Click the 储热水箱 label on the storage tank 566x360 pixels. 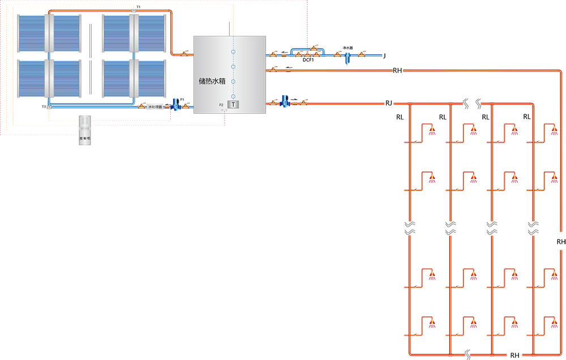pyautogui.click(x=212, y=81)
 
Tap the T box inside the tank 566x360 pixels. pyautogui.click(x=233, y=105)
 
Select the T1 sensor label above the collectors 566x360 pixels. pyautogui.click(x=139, y=6)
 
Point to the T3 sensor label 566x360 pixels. pyautogui.click(x=44, y=106)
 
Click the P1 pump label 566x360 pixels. pyautogui.click(x=182, y=99)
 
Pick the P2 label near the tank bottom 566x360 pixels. pyautogui.click(x=222, y=105)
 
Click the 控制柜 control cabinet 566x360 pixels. pyautogui.click(x=85, y=131)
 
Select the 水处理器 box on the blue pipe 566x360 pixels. pyautogui.click(x=155, y=106)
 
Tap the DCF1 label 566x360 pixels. pyautogui.click(x=308, y=59)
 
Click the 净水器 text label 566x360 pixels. pyautogui.click(x=348, y=48)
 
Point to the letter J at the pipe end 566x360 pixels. pyautogui.click(x=384, y=55)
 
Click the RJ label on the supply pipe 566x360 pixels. pyautogui.click(x=389, y=103)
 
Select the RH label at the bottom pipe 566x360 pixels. pyautogui.click(x=514, y=355)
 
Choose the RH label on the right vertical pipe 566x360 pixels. pyautogui.click(x=561, y=242)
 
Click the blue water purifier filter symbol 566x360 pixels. pyautogui.click(x=347, y=57)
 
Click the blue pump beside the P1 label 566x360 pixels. pyautogui.click(x=175, y=106)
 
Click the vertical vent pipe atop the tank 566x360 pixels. pyautogui.click(x=229, y=29)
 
